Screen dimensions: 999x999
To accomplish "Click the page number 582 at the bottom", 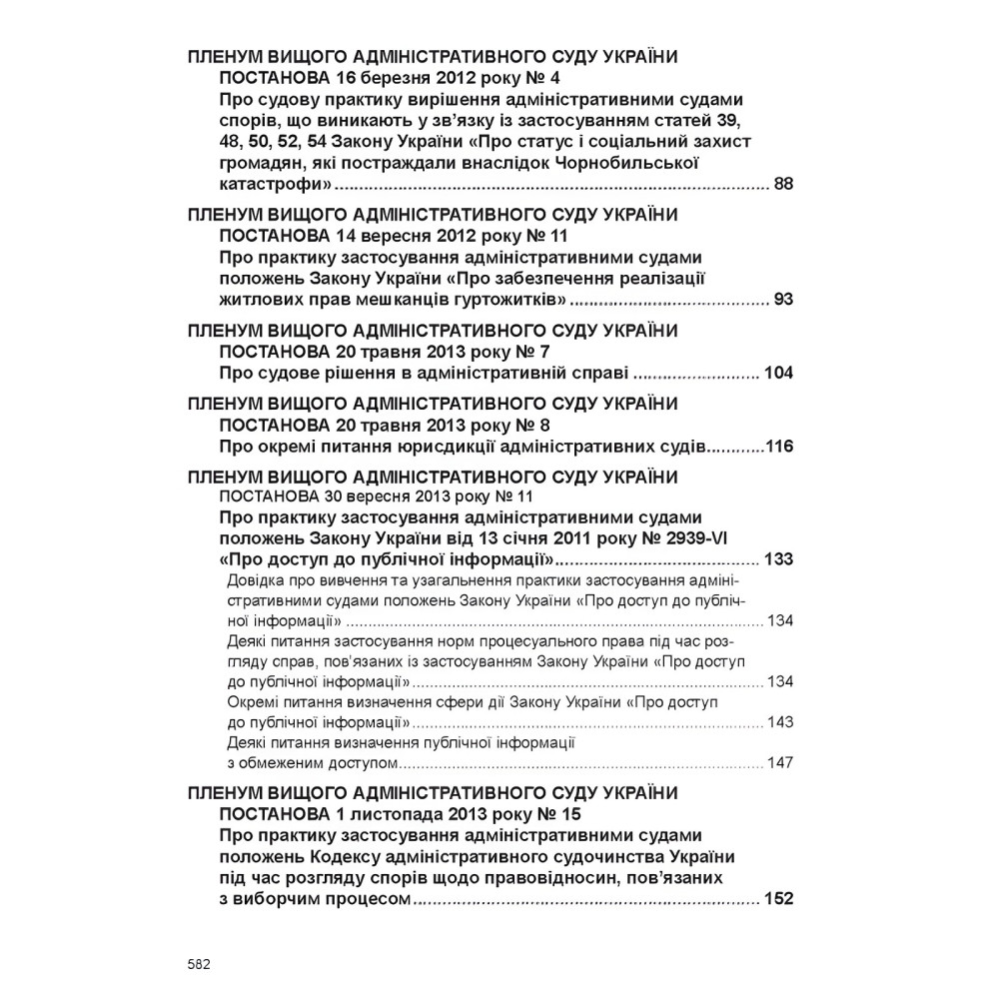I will pyautogui.click(x=198, y=965).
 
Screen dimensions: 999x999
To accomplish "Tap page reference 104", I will pyautogui.click(x=777, y=374).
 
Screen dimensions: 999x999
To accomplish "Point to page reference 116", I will pyautogui.click(x=778, y=447).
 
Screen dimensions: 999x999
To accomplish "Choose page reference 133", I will pyautogui.click(x=777, y=557).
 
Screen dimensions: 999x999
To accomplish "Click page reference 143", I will pyautogui.click(x=780, y=721).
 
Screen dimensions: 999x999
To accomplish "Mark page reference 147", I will pyautogui.click(x=780, y=762).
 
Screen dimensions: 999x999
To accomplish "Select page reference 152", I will pyautogui.click(x=777, y=898).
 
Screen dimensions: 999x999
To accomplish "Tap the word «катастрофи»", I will pyautogui.click(x=275, y=185).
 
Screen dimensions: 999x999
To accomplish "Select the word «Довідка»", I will pyautogui.click(x=256, y=580).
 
